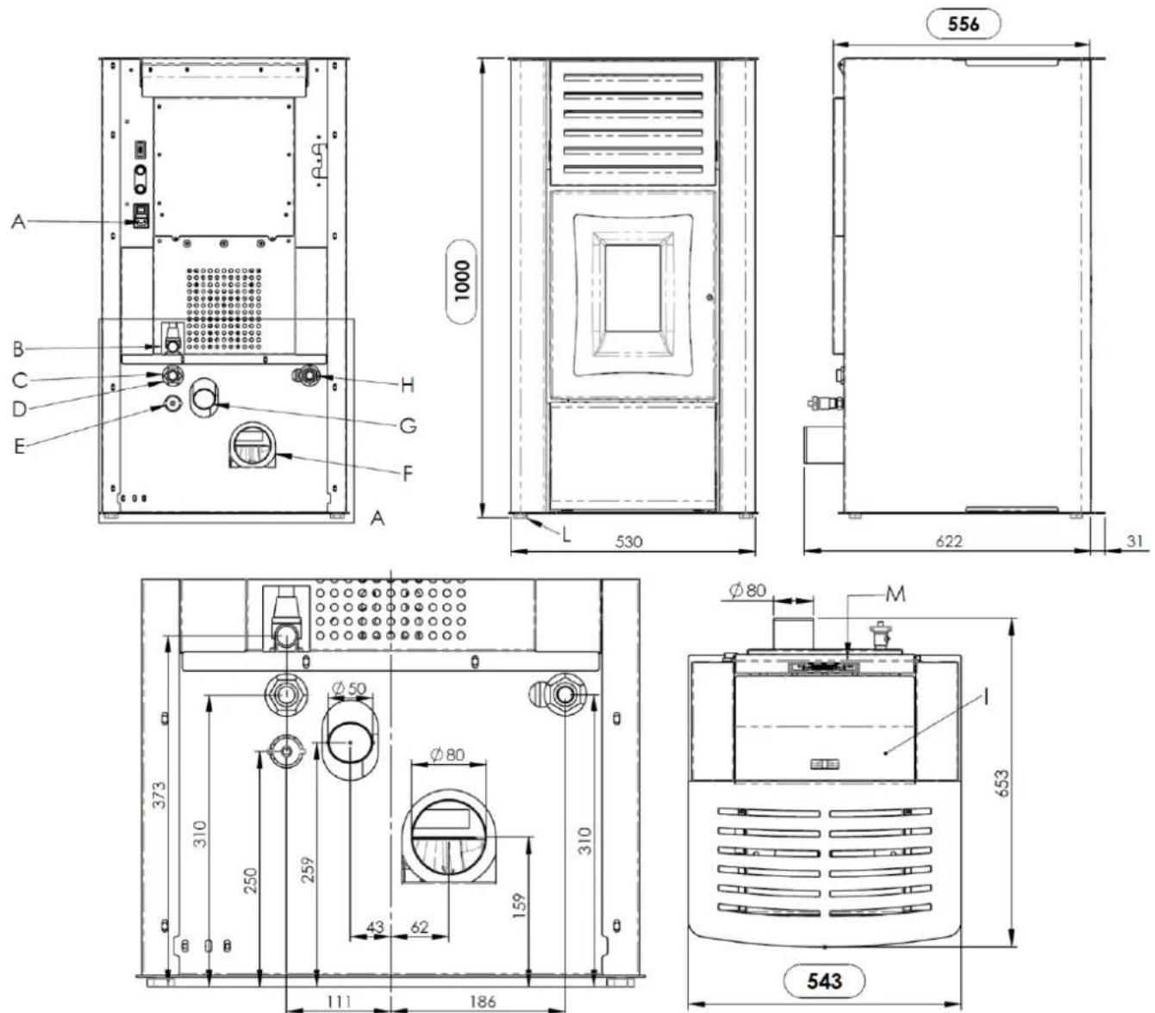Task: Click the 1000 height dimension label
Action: [x=462, y=282]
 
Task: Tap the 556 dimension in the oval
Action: [x=963, y=24]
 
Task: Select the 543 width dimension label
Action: [x=824, y=981]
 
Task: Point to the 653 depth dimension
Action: [x=1002, y=783]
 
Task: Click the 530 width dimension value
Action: [x=628, y=541]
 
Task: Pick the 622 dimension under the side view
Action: [x=949, y=541]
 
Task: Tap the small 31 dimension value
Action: [x=1134, y=541]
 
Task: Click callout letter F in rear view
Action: [x=407, y=474]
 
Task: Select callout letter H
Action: [x=407, y=386]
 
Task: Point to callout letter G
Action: [x=409, y=425]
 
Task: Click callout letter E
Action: [x=20, y=446]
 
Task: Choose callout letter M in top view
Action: [x=896, y=594]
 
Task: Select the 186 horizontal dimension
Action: [x=483, y=1002]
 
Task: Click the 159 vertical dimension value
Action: [x=518, y=906]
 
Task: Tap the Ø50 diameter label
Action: [x=349, y=688]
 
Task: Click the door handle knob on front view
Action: [x=709, y=297]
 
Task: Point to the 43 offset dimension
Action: [x=375, y=928]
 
